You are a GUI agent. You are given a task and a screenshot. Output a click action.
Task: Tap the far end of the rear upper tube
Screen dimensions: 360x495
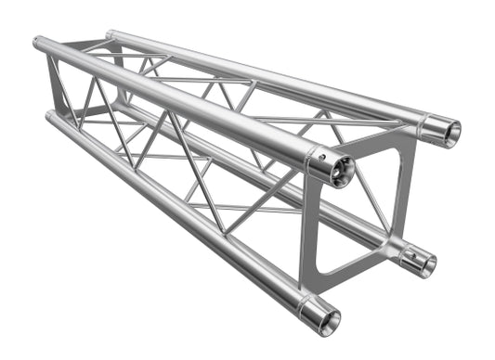coord(110,35)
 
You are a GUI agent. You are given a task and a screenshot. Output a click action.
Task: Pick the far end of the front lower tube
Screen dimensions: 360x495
coord(48,115)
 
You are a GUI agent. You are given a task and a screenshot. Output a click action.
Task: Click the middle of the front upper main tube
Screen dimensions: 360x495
coord(176,102)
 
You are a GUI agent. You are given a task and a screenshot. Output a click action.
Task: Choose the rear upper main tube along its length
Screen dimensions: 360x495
coord(269,84)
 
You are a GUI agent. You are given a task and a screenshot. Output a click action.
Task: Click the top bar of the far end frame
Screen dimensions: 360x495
coord(74,42)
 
